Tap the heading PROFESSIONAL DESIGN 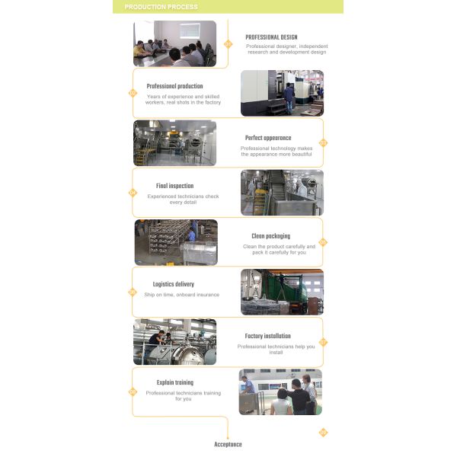[271, 37]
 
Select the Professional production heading [174, 86]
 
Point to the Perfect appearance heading [267, 138]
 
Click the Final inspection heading [174, 186]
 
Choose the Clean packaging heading [270, 236]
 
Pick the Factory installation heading [267, 336]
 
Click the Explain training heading [174, 382]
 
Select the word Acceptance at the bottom [228, 444]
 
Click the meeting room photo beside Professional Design [174, 43]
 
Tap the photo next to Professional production [282, 93]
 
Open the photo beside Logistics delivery [282, 292]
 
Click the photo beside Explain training [280, 391]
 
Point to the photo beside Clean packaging [176, 242]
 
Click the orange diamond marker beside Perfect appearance [323, 142]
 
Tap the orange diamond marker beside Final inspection [133, 193]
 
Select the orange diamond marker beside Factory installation [323, 342]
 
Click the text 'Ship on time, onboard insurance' [181, 295]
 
